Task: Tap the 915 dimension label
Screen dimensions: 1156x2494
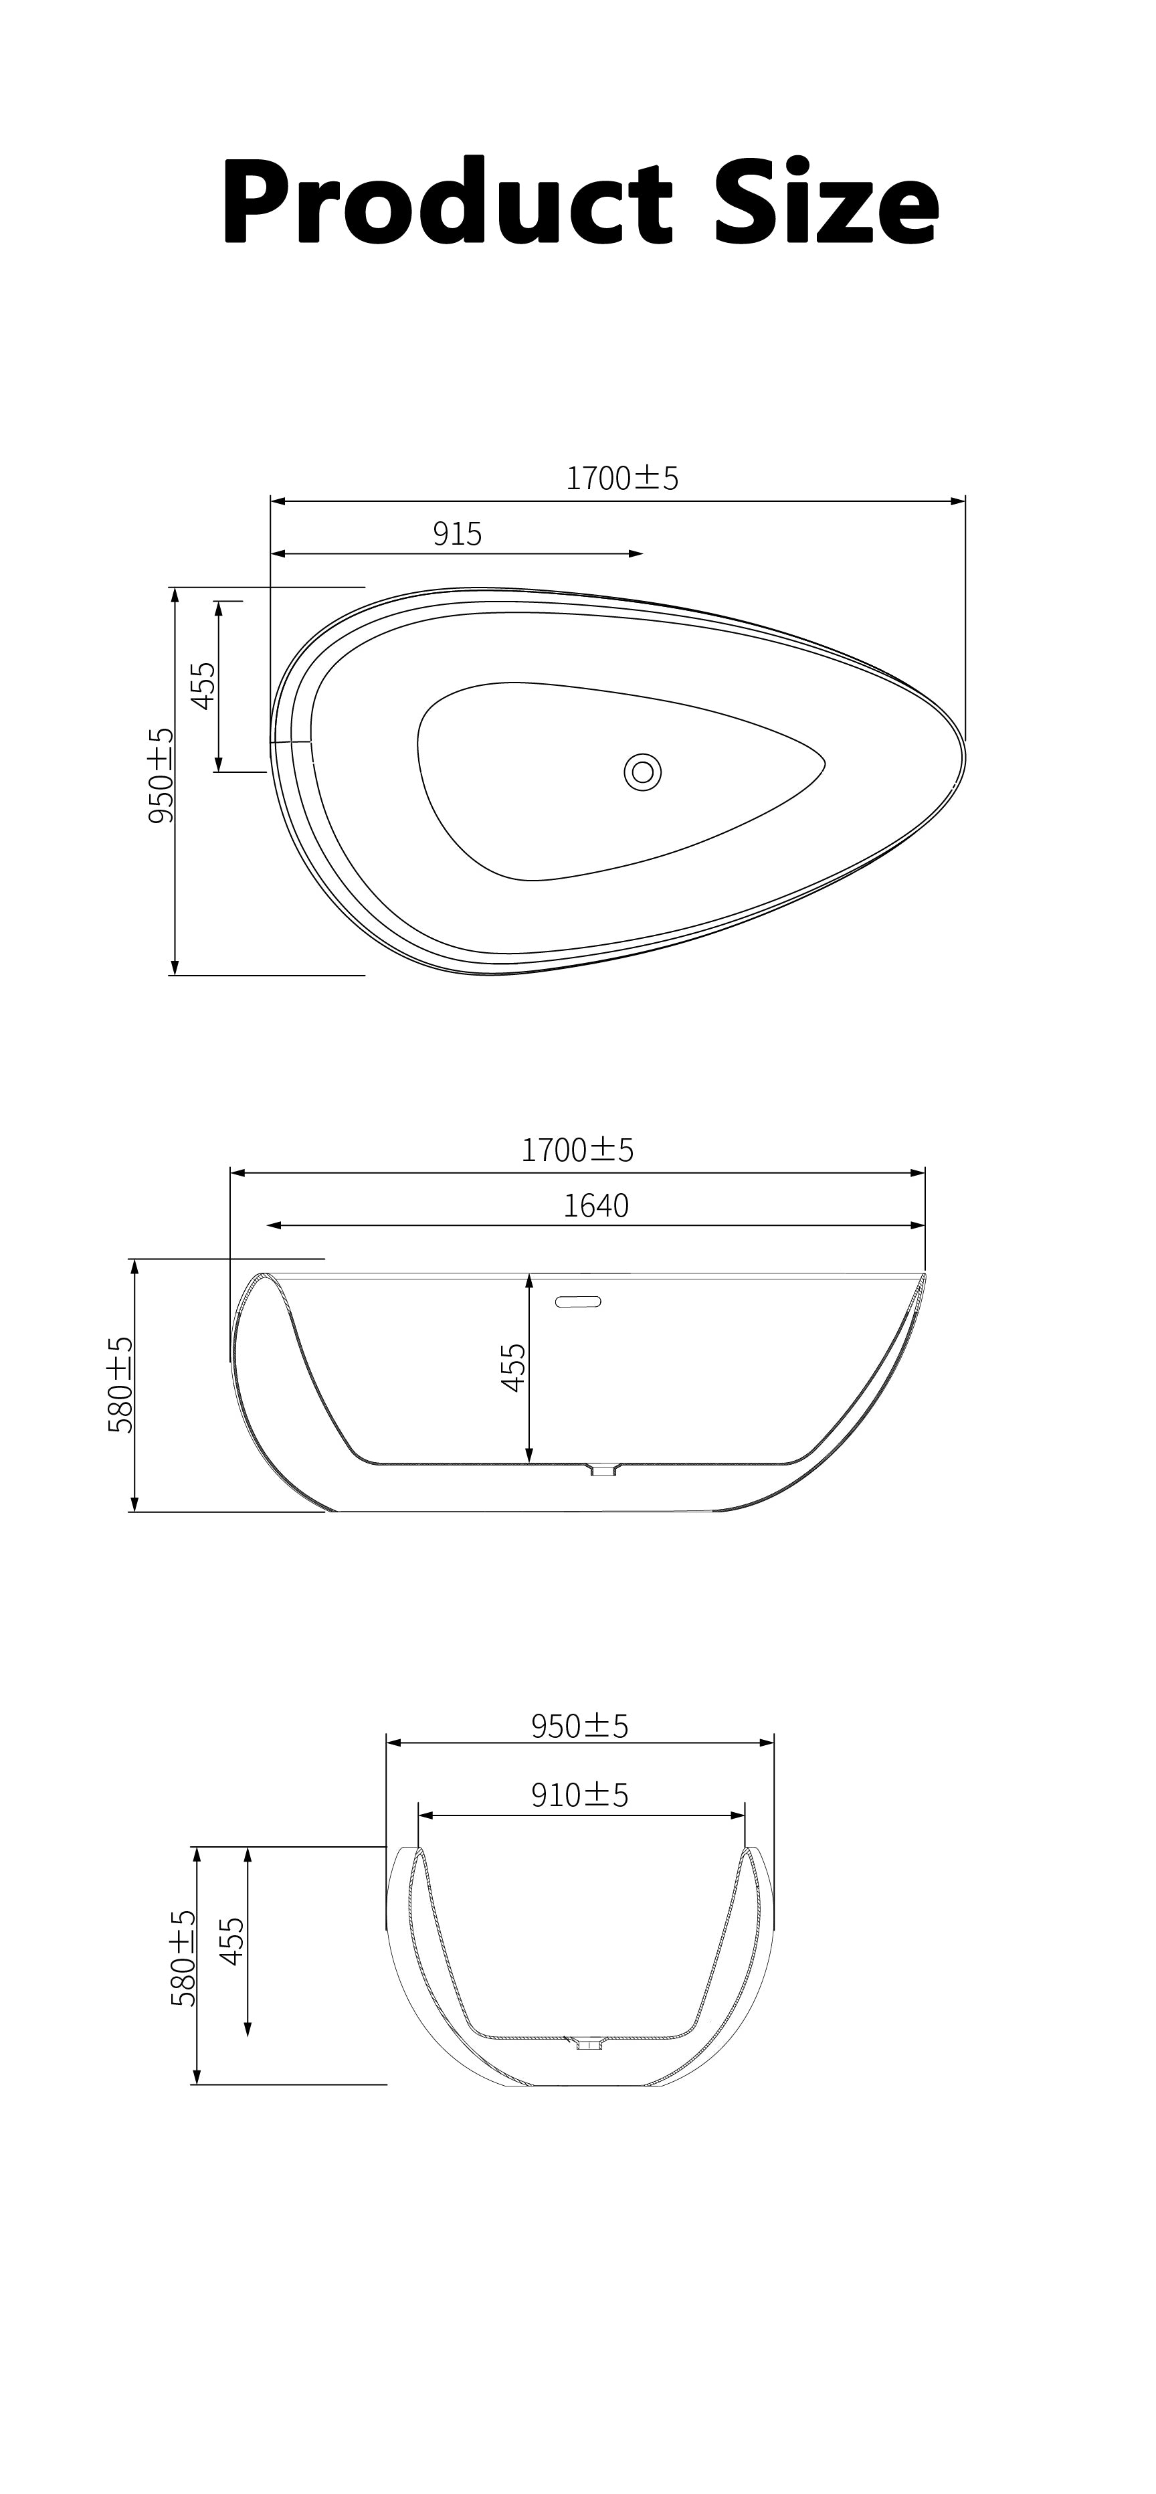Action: tap(457, 533)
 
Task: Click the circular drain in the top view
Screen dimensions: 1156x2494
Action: tap(643, 772)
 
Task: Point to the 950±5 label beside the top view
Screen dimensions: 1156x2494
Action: tap(161, 776)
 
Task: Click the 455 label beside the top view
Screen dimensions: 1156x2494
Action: tap(203, 685)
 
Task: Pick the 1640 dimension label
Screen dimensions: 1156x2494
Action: tap(596, 1205)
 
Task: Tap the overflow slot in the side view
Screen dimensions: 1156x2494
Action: tap(579, 1302)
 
